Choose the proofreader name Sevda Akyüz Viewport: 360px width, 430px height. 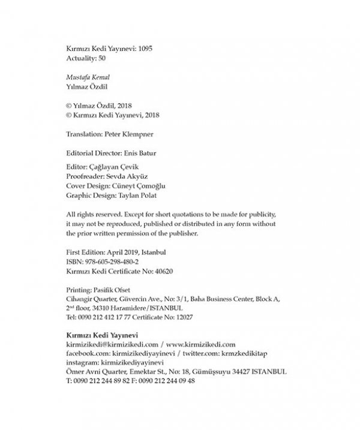pos(128,178)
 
